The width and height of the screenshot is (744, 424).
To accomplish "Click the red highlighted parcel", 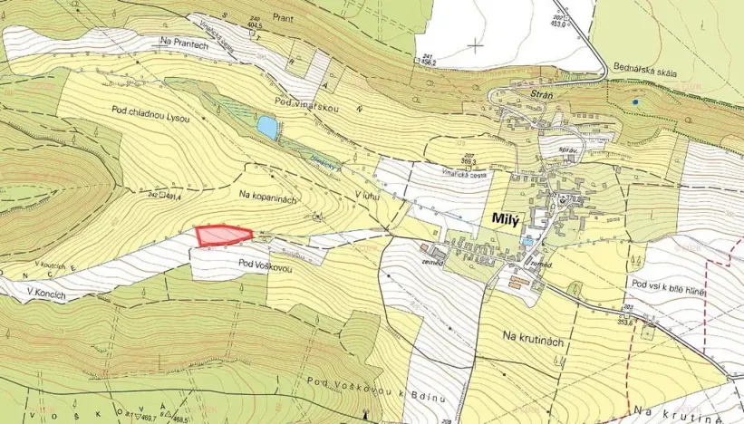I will pos(222,236).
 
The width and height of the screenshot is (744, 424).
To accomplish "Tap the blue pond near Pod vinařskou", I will pos(267,128).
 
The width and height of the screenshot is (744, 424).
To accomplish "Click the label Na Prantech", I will pos(184,42).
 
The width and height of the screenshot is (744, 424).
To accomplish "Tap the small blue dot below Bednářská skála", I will pos(636,101).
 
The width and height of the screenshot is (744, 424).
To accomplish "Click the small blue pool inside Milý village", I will pos(527,243).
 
